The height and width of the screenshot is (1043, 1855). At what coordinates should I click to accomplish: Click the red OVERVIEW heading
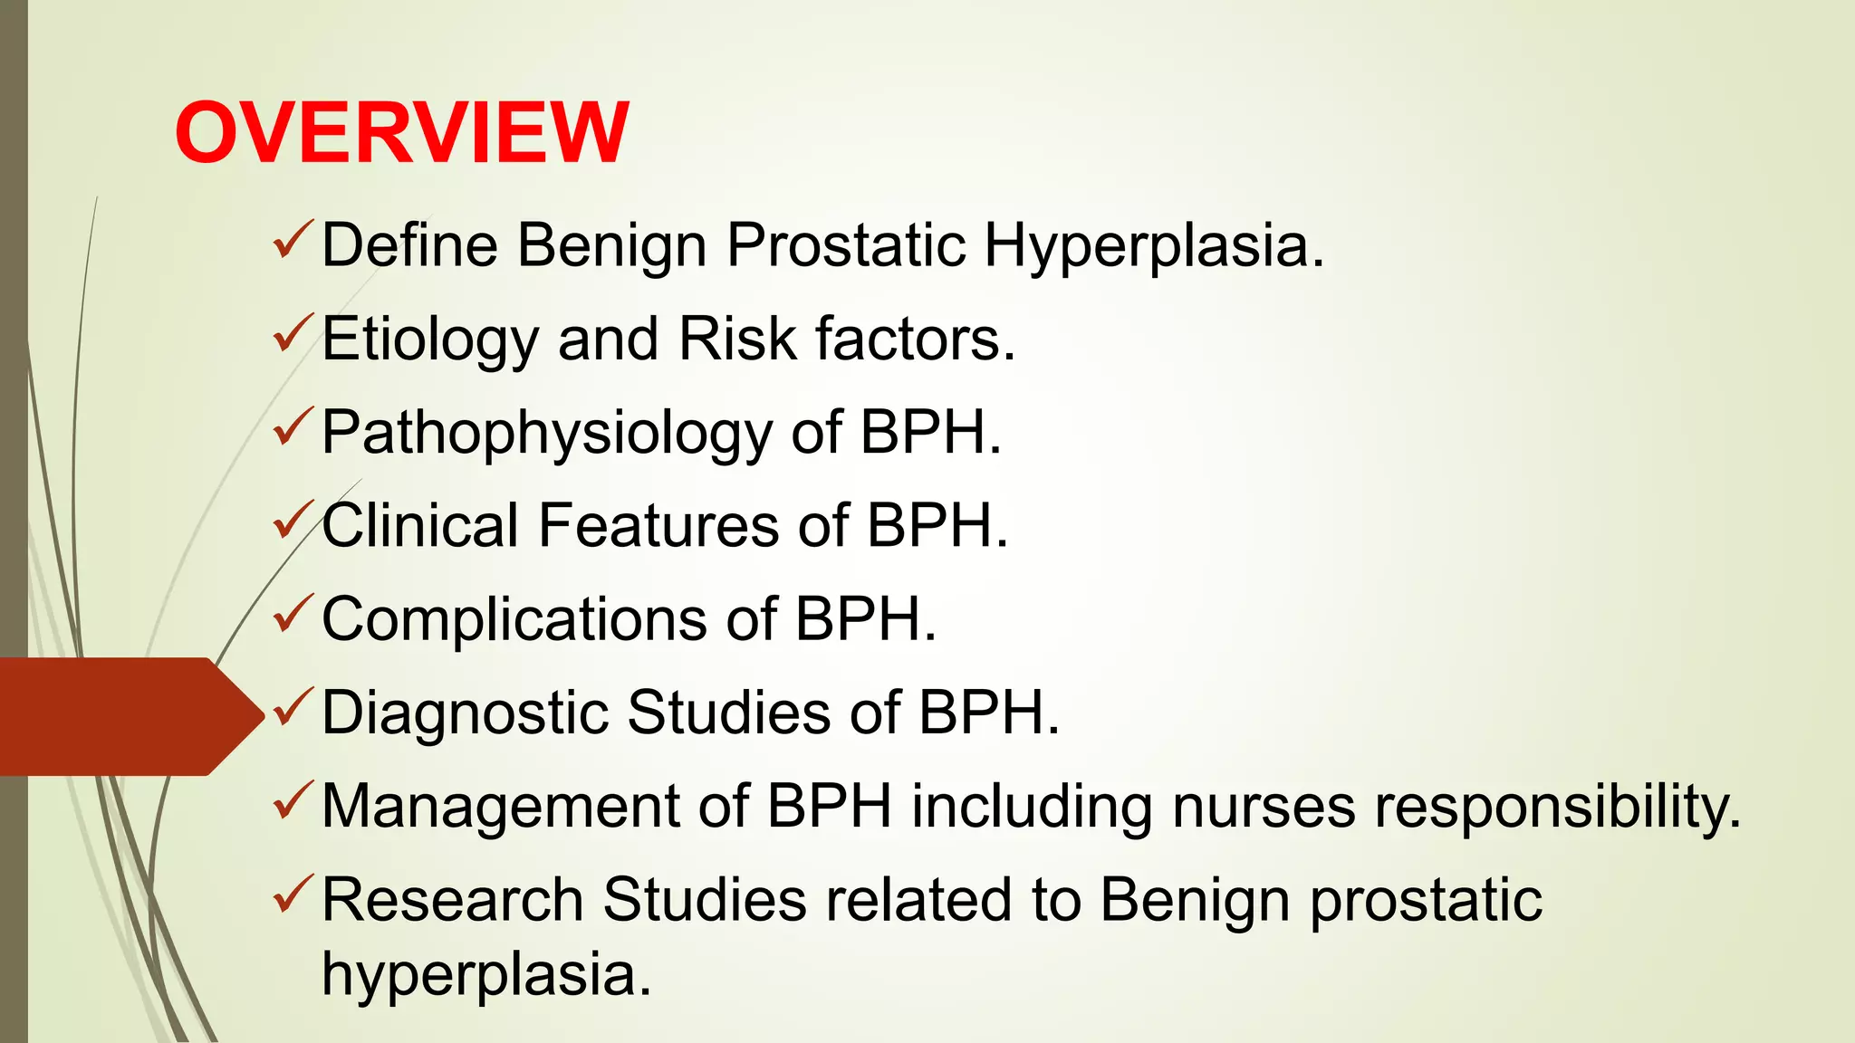(401, 133)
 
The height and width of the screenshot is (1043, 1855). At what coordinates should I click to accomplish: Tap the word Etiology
(430, 340)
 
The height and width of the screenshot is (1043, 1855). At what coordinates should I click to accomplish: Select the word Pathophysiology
(546, 434)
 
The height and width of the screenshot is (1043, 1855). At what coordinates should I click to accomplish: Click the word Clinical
(420, 526)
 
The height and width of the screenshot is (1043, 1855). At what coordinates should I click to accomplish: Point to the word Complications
(514, 620)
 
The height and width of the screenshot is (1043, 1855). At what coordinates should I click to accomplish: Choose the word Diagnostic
(465, 713)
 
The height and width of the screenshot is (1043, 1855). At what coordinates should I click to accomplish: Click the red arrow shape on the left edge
(127, 716)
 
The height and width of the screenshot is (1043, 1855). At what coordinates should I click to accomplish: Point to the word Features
(658, 526)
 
